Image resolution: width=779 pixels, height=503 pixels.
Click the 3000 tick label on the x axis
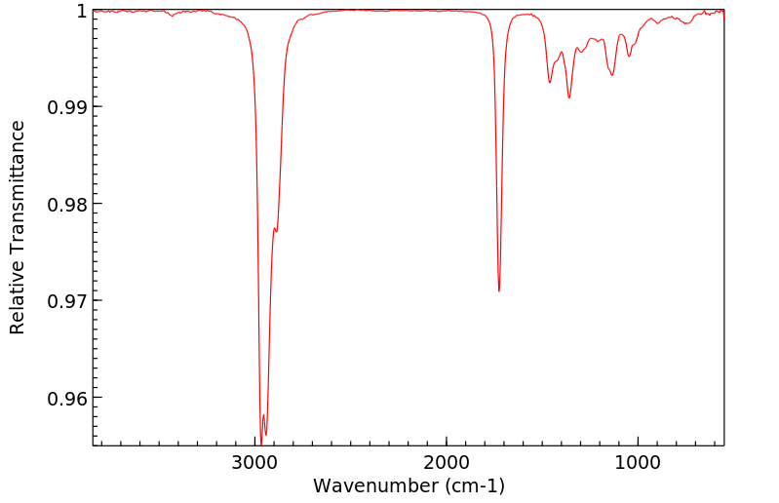[x=255, y=462]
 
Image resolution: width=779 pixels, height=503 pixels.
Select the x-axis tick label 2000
[x=447, y=462]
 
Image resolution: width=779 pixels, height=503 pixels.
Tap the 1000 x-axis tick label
[x=638, y=462]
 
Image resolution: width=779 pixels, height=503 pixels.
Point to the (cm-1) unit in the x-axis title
[x=474, y=484]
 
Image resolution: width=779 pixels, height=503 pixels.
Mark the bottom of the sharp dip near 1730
[x=499, y=290]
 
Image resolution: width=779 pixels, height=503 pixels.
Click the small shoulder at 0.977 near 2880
[x=277, y=231]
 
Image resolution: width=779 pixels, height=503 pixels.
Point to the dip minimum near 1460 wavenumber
[x=550, y=83]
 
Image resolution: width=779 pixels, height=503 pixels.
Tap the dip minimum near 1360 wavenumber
[x=569, y=97]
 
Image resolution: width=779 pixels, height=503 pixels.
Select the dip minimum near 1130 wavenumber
[x=612, y=75]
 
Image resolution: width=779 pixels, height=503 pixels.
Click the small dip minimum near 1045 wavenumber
[x=629, y=57]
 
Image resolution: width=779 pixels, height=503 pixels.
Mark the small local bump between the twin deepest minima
[x=263, y=415]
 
